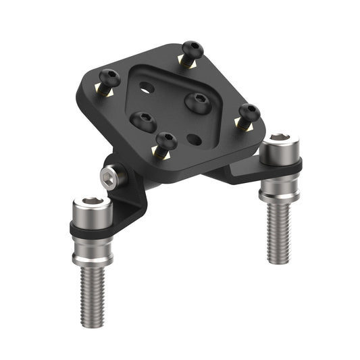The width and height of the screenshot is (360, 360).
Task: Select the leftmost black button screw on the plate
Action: coord(108,77)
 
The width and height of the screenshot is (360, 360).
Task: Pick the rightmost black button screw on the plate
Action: coord(250,112)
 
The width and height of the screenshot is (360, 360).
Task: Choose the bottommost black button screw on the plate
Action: coord(166,142)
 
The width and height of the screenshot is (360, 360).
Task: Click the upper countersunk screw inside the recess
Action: coord(198,101)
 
